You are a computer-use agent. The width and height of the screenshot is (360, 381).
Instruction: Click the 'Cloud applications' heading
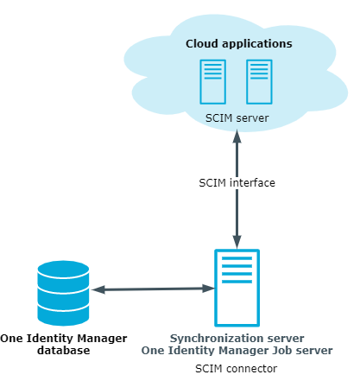click(x=239, y=44)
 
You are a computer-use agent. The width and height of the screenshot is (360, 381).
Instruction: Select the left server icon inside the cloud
click(x=213, y=82)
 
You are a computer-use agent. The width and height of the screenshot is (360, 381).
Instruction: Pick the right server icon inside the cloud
click(x=259, y=82)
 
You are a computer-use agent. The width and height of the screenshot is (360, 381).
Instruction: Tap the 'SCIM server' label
click(x=237, y=118)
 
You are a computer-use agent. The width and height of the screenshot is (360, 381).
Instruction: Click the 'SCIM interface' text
click(x=237, y=183)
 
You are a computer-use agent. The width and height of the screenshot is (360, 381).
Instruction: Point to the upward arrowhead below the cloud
click(x=237, y=137)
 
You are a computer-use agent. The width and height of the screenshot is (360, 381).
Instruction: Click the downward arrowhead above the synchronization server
click(x=237, y=242)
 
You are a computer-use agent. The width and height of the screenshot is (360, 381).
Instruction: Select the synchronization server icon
click(x=237, y=288)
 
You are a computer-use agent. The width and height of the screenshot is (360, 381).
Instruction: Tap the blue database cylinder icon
click(x=63, y=293)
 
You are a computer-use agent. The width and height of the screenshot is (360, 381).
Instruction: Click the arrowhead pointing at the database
click(x=98, y=289)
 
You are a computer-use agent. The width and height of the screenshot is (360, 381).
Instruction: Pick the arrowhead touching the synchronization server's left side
click(x=208, y=289)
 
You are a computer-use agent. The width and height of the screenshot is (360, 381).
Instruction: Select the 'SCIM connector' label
click(x=237, y=369)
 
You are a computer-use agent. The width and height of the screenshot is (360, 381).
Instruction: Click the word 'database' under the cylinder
click(x=64, y=351)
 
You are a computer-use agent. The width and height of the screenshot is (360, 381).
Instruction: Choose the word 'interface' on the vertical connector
click(x=252, y=183)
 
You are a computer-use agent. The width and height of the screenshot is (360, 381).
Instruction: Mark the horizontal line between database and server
click(x=153, y=289)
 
